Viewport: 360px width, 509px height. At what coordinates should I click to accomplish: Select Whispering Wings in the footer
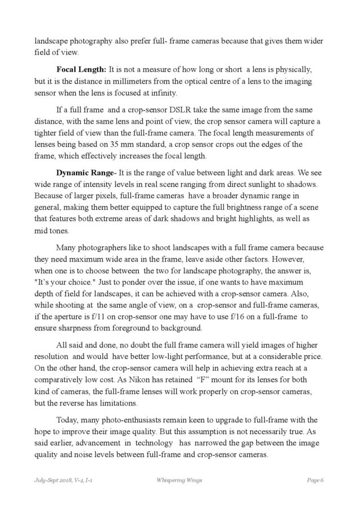click(x=179, y=480)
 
